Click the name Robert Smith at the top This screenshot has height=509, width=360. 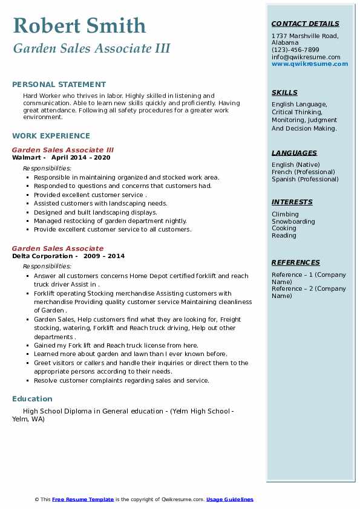click(79, 25)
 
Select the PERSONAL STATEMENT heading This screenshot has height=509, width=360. click(59, 85)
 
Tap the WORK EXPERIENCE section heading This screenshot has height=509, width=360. click(51, 136)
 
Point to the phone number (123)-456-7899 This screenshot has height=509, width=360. click(295, 50)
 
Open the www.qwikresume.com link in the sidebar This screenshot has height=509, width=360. click(310, 63)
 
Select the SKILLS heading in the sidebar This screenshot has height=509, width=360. click(284, 92)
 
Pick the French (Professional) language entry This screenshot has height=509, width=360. click(304, 172)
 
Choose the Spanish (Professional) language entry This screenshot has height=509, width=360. click(305, 179)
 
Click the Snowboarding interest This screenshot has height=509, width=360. click(293, 221)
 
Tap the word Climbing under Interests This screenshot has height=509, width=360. click(285, 214)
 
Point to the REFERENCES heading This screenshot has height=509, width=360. click(296, 262)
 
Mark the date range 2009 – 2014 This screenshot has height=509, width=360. click(104, 256)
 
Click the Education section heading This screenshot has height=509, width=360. click(32, 399)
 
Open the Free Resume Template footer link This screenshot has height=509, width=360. click(83, 499)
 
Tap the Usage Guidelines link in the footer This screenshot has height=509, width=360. click(230, 499)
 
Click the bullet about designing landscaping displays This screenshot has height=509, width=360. click(96, 212)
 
